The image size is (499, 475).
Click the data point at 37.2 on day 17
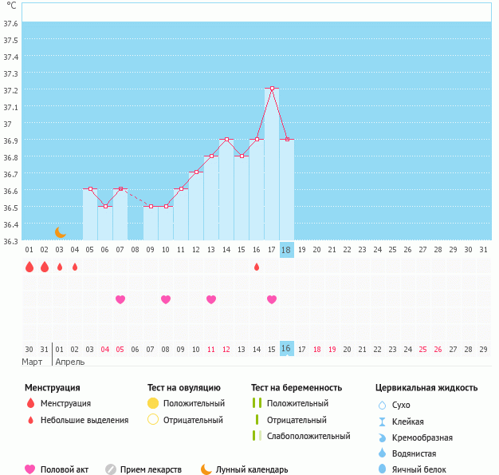pyautogui.click(x=272, y=88)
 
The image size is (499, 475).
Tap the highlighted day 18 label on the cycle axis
pyautogui.click(x=287, y=250)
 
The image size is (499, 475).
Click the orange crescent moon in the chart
pyautogui.click(x=60, y=232)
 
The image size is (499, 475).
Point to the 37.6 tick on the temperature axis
pyautogui.click(x=10, y=23)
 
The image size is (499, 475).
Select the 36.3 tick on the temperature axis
pyautogui.click(x=10, y=241)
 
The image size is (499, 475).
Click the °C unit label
pyautogui.click(x=11, y=6)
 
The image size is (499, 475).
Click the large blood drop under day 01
pyautogui.click(x=29, y=267)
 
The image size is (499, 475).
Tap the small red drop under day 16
pyautogui.click(x=257, y=267)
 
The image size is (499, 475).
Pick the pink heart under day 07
pyautogui.click(x=120, y=299)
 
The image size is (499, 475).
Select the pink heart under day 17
pyautogui.click(x=272, y=299)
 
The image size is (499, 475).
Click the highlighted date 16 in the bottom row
pyautogui.click(x=287, y=349)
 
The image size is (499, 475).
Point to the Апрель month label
pyautogui.click(x=70, y=362)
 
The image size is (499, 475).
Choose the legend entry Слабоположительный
pyautogui.click(x=308, y=436)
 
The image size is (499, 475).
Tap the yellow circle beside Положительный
pyautogui.click(x=153, y=403)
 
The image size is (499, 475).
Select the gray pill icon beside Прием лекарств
pyautogui.click(x=110, y=469)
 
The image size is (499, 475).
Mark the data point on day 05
pyautogui.click(x=90, y=189)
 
